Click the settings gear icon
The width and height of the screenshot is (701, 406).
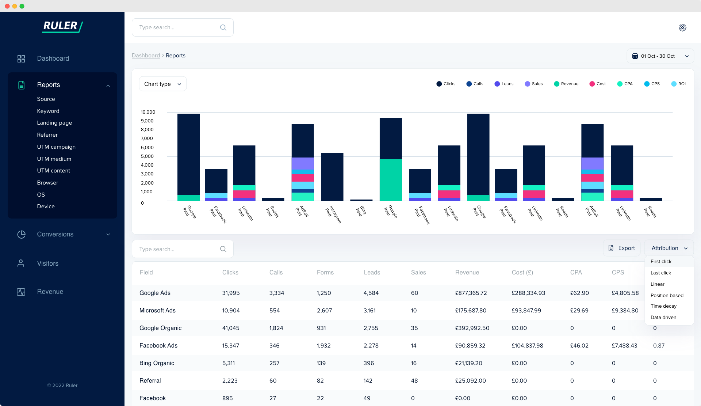pyautogui.click(x=682, y=28)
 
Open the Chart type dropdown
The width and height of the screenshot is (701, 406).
pyautogui.click(x=162, y=84)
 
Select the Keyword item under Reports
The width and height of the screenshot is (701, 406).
pyautogui.click(x=48, y=111)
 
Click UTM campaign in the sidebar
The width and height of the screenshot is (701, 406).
pyautogui.click(x=56, y=147)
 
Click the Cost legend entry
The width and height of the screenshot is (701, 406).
pyautogui.click(x=598, y=84)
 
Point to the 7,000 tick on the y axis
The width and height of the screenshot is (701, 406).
pyautogui.click(x=147, y=139)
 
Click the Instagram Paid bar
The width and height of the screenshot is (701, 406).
pyautogui.click(x=332, y=177)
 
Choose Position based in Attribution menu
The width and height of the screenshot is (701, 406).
pyautogui.click(x=667, y=295)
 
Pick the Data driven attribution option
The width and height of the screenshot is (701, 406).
pyautogui.click(x=663, y=317)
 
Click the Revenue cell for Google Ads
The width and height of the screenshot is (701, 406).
pyautogui.click(x=471, y=293)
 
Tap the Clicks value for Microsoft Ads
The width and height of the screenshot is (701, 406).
pyautogui.click(x=231, y=311)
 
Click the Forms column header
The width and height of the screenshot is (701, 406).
pyautogui.click(x=325, y=273)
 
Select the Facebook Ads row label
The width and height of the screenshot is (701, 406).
pyautogui.click(x=158, y=346)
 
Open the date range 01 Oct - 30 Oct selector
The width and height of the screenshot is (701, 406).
pyautogui.click(x=660, y=56)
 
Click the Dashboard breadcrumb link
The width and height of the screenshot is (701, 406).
pyautogui.click(x=146, y=56)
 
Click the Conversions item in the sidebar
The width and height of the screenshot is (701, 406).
pyautogui.click(x=55, y=234)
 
